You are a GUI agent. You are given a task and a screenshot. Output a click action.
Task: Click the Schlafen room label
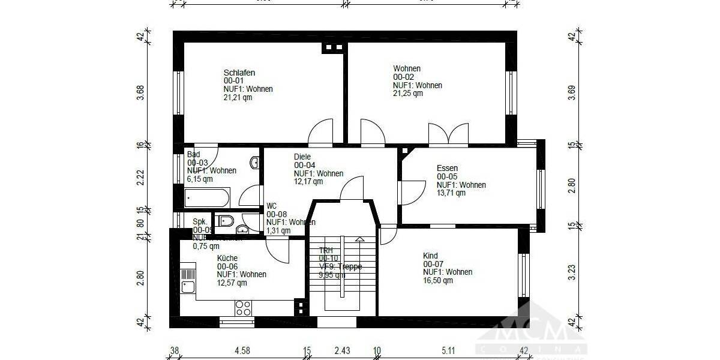pyautogui.click(x=239, y=73)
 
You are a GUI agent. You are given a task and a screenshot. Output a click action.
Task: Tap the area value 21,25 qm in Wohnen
pyautogui.click(x=408, y=94)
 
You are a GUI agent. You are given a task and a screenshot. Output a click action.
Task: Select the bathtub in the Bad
pyautogui.click(x=206, y=197)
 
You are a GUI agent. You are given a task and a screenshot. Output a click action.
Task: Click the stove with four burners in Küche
pyautogui.click(x=243, y=308)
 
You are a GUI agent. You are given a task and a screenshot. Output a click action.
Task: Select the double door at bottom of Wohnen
pyautogui.click(x=448, y=134)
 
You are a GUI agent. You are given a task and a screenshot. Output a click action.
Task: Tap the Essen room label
pyautogui.click(x=447, y=168)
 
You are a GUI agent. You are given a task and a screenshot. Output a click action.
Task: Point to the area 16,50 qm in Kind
pyautogui.click(x=438, y=280)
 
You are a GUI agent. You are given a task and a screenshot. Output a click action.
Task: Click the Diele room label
pyautogui.click(x=302, y=157)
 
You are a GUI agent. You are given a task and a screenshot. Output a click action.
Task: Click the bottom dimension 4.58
pyautogui.click(x=242, y=350)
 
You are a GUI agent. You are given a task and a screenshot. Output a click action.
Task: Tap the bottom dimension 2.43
pyautogui.click(x=342, y=350)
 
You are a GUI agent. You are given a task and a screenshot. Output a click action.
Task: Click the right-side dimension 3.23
pyautogui.click(x=571, y=272)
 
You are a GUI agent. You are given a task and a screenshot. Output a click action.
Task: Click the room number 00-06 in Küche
pyautogui.click(x=227, y=266)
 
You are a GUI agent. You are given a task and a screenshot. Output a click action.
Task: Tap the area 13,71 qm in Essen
pyautogui.click(x=451, y=193)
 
